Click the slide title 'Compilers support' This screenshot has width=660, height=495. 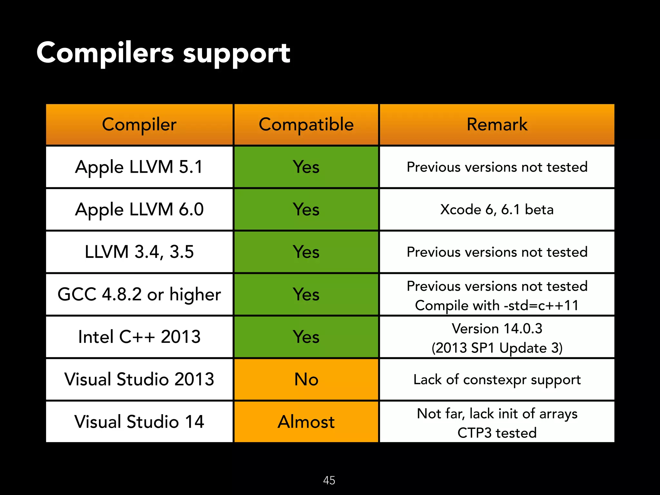click(x=163, y=53)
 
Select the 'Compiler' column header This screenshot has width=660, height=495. click(x=139, y=124)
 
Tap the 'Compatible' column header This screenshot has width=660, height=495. click(x=306, y=124)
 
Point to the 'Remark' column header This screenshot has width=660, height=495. click(x=497, y=124)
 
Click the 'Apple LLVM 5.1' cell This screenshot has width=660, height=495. click(x=139, y=167)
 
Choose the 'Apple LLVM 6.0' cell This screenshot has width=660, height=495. click(x=139, y=209)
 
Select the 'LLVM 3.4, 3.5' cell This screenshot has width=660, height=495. click(x=139, y=252)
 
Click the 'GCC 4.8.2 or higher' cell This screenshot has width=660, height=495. click(x=139, y=295)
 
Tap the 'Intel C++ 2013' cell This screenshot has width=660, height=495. click(x=139, y=337)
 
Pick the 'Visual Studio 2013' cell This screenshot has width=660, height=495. click(x=139, y=379)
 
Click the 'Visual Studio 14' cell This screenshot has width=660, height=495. click(x=139, y=422)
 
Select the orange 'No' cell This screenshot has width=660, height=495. click(x=306, y=379)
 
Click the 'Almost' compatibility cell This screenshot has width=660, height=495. click(x=306, y=422)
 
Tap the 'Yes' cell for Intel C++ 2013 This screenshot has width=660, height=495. click(x=306, y=337)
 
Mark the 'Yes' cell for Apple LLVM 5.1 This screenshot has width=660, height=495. click(x=306, y=167)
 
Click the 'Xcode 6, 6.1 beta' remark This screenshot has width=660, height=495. click(x=497, y=209)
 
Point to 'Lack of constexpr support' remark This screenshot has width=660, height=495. click(x=497, y=380)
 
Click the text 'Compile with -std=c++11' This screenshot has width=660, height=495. click(x=497, y=305)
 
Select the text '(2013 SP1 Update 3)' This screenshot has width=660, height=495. click(x=497, y=348)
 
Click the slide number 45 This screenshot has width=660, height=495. click(x=329, y=480)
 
